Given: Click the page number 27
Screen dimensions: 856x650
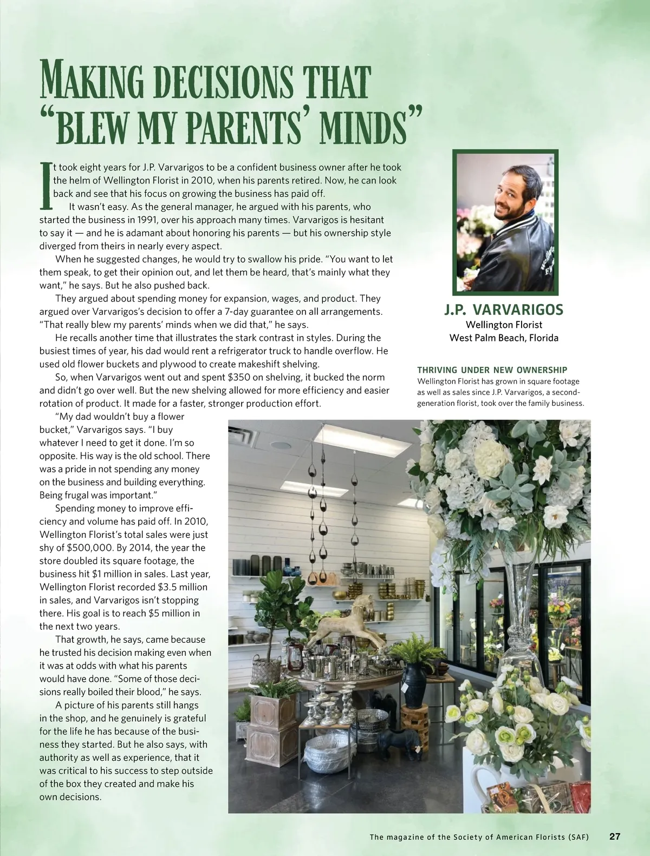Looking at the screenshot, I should click(x=615, y=836).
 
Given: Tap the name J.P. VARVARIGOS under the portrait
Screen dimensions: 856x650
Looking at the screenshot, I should click(x=504, y=310).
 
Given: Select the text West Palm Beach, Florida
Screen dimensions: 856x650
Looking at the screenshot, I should click(x=504, y=338).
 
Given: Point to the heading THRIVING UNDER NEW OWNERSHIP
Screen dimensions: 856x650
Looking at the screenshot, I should click(x=492, y=370).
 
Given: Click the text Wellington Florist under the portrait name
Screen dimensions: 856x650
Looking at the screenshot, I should click(x=504, y=325).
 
